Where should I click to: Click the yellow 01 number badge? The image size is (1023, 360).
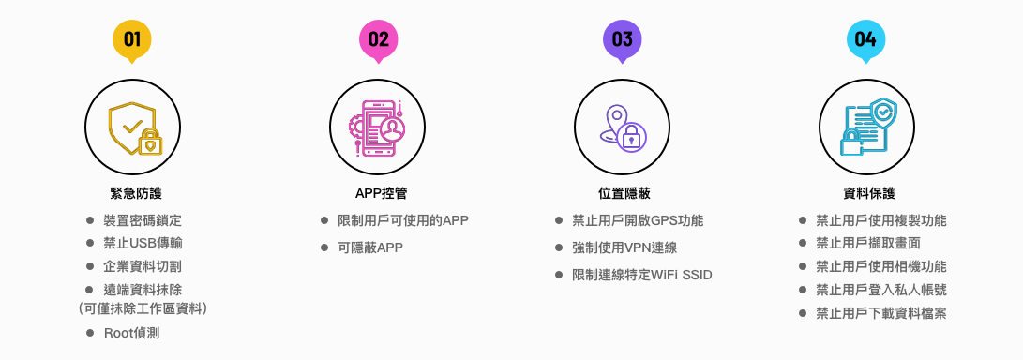(132, 39)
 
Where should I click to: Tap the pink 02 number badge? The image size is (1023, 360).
(378, 39)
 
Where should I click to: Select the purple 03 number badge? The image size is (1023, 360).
(622, 39)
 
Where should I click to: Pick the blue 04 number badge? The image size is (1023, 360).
(865, 39)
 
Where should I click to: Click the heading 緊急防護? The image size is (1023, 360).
(136, 193)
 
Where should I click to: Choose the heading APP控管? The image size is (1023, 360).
(381, 193)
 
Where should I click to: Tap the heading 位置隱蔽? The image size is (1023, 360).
(624, 193)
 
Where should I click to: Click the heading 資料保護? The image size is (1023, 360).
(869, 193)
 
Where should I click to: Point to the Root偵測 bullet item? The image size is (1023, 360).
(138, 333)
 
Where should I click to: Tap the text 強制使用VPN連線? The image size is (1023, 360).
(624, 247)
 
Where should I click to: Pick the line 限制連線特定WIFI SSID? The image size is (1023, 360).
(641, 275)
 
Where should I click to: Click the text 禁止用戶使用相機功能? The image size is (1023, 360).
(880, 266)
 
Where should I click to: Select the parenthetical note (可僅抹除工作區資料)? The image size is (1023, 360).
(142, 307)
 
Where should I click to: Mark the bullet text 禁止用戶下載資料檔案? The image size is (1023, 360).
(880, 313)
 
